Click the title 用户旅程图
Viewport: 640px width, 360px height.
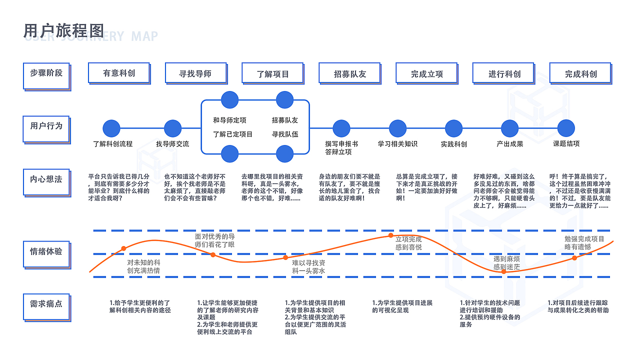(63, 31)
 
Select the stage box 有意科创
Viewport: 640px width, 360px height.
(118, 73)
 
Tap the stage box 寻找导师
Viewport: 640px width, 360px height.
(195, 73)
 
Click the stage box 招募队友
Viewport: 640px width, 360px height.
(349, 73)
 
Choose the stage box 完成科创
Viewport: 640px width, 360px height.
(580, 73)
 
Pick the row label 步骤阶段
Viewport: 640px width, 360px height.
(46, 73)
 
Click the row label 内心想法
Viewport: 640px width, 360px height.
(46, 179)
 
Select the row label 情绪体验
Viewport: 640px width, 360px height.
(46, 251)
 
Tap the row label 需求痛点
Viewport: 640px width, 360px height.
(46, 303)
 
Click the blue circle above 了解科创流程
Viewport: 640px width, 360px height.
(111, 128)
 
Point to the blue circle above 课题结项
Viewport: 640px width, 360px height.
(566, 128)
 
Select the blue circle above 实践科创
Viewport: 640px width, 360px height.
(453, 128)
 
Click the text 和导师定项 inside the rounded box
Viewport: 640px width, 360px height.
(229, 120)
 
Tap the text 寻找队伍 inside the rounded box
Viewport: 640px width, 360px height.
(284, 134)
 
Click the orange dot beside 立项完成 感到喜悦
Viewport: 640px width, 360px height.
(391, 235)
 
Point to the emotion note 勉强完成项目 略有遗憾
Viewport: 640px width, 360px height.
(584, 243)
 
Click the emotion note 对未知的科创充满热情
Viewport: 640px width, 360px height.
(143, 266)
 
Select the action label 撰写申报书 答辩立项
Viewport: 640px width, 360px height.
(341, 148)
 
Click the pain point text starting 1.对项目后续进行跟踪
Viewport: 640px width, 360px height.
(578, 306)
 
